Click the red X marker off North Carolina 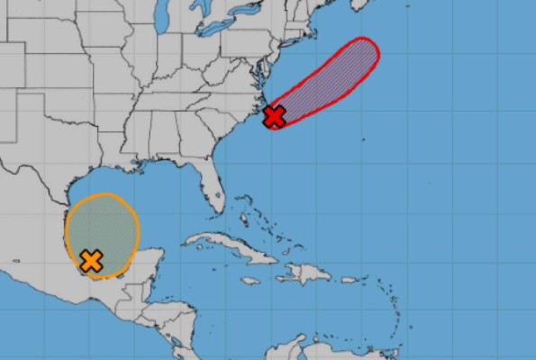click(275, 115)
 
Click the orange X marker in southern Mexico click(90, 261)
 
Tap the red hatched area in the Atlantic click(333, 76)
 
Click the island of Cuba click(225, 245)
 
